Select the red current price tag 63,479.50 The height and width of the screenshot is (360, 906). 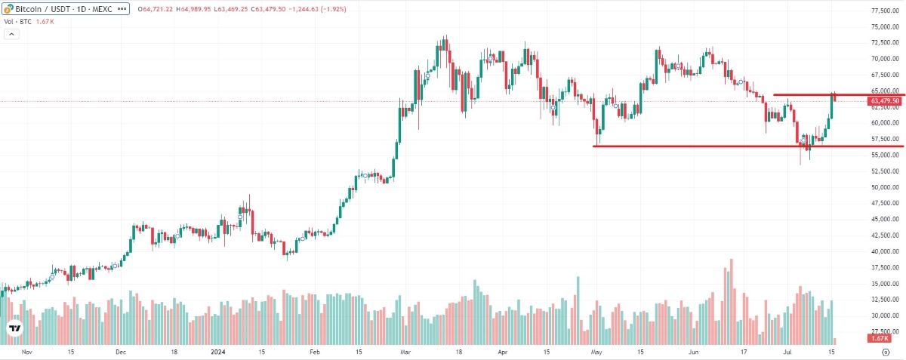(x=884, y=101)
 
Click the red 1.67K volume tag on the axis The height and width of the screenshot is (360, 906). (x=879, y=339)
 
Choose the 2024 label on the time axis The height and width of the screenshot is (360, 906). (x=217, y=352)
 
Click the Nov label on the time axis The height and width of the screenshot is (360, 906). (x=26, y=352)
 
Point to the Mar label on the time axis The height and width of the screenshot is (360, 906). (x=405, y=352)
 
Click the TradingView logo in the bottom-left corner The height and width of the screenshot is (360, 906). (x=14, y=329)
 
